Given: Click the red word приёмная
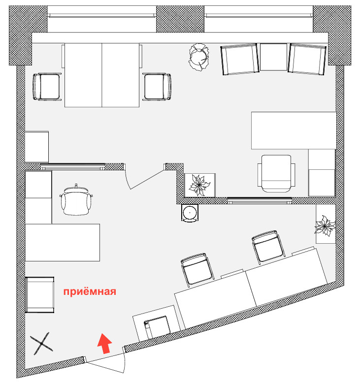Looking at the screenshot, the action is [x=90, y=291].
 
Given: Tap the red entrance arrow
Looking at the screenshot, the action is [x=105, y=343].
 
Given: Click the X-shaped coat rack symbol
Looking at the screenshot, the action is [x=41, y=344].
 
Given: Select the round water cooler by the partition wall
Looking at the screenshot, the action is [x=190, y=213].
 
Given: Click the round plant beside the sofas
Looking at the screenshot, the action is [x=198, y=57].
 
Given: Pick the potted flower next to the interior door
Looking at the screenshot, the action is [x=199, y=186].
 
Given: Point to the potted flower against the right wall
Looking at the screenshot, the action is [x=325, y=225].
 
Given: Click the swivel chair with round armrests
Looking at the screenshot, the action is [x=76, y=199].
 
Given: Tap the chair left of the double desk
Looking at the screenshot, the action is [x=47, y=87].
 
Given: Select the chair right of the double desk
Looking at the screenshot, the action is [x=157, y=87].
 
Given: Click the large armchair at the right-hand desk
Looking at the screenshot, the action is [x=276, y=173].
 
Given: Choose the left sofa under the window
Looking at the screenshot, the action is [x=240, y=59].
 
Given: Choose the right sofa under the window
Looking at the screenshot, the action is [x=307, y=59].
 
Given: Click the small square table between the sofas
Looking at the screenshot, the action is [x=273, y=57].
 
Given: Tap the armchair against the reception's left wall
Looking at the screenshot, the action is [x=39, y=295].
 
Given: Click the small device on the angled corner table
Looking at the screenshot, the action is [x=157, y=327].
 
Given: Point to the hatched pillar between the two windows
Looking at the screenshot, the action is [x=180, y=19].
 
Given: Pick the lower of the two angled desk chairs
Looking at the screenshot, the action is [x=197, y=269].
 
